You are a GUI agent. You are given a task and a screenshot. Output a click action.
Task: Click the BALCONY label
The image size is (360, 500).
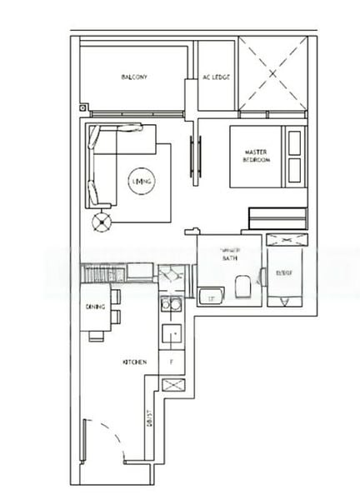(133, 77)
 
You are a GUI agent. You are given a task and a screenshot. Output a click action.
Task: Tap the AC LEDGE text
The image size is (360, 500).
(216, 77)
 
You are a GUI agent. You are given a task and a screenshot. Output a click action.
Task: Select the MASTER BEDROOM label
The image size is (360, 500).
(257, 156)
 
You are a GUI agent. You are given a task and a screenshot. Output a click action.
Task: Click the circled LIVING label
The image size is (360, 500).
(141, 181)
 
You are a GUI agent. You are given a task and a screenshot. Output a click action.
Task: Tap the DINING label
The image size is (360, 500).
(94, 307)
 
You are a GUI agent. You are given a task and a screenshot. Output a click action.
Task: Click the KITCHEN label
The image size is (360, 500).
(134, 362)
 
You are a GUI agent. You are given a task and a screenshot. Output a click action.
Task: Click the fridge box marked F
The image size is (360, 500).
(172, 362)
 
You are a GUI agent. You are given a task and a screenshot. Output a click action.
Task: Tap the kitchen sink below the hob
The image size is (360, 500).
(172, 334)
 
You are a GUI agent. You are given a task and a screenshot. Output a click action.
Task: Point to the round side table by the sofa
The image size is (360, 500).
(102, 222)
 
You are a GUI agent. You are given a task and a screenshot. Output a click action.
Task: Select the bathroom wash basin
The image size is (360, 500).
(209, 296)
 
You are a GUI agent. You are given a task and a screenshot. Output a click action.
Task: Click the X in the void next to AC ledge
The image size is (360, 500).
(272, 73)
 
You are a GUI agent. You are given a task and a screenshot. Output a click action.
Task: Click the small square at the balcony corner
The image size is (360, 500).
(84, 107)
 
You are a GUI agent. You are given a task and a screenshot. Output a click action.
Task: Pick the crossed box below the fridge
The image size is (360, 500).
(172, 385)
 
